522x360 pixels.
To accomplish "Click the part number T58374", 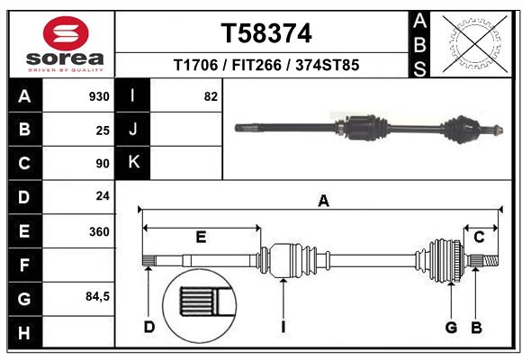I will point(266,34).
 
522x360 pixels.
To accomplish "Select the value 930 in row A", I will point(98,96).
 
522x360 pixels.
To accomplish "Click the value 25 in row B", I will point(102,130).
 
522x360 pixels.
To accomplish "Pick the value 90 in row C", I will point(102,164).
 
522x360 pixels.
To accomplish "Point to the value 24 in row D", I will point(102,197).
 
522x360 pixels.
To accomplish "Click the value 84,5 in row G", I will point(96,297).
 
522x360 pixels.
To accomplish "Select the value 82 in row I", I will point(211,96).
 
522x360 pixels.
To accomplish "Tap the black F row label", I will point(24,265).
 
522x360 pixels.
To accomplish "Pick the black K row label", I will point(133,163).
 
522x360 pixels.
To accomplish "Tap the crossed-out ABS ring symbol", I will point(474,43).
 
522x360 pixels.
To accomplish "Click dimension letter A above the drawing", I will point(322,202).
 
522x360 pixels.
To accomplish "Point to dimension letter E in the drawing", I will point(201,237).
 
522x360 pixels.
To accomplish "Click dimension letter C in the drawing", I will point(479,237).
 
